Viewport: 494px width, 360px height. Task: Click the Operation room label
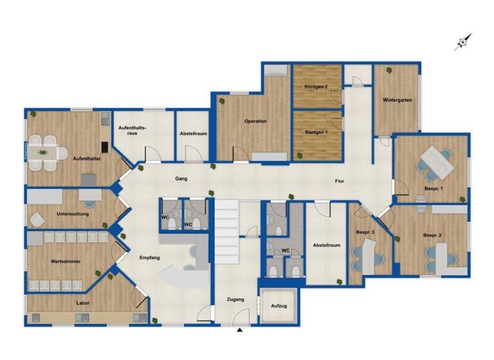tap(255, 122)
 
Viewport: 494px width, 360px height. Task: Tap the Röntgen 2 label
tap(316, 87)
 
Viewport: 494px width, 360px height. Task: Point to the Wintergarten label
tap(397, 101)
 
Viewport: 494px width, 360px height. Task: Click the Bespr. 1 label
tap(432, 187)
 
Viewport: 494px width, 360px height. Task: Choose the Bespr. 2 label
tap(432, 236)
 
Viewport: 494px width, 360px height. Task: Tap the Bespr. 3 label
tap(365, 232)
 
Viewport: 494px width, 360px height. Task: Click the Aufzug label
tap(279, 306)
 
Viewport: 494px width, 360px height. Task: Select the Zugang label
tap(235, 300)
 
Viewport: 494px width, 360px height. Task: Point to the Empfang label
tap(149, 258)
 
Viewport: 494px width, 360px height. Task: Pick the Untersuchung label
tap(71, 214)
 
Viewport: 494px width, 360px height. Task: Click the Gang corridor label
tap(181, 179)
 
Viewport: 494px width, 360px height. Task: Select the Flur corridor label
tap(339, 181)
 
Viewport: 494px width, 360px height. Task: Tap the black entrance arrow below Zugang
tap(240, 330)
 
